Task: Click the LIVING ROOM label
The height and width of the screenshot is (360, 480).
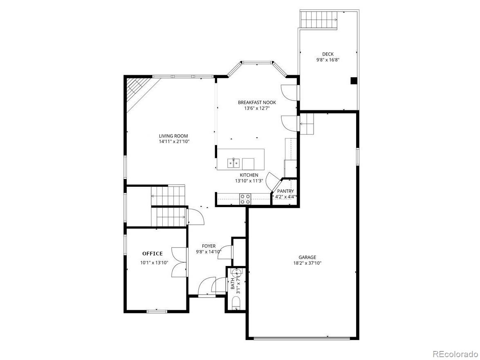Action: pos(173,136)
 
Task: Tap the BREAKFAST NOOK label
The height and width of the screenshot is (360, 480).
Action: pos(257,103)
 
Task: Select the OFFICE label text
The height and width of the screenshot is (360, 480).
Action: pos(153,254)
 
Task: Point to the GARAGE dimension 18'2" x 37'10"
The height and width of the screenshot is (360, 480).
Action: pos(307,264)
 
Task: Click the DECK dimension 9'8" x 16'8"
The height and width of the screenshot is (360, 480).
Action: pos(327,60)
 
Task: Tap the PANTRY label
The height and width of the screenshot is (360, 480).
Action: pos(285,191)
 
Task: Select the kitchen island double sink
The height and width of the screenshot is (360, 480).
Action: pos(233,163)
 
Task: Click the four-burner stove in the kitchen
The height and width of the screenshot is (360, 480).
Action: pos(245,199)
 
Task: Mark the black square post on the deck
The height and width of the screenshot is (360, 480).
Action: pos(354,80)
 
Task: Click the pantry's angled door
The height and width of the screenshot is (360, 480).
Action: pos(273,181)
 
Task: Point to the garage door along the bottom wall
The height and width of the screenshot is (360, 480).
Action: pos(302,338)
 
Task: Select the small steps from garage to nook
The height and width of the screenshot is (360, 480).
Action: pos(307,124)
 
